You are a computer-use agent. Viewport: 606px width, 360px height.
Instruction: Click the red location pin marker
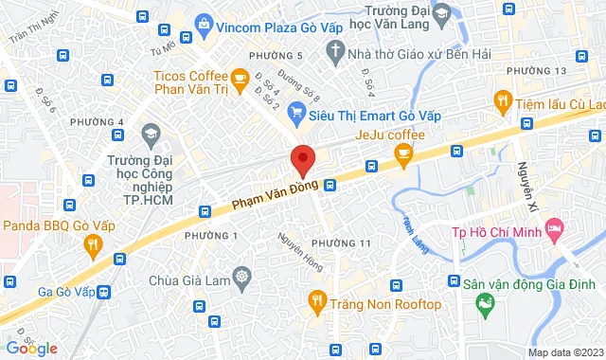pyautogui.click(x=302, y=159)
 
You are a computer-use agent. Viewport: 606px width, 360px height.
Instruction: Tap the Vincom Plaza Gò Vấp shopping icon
pyautogui.click(x=204, y=23)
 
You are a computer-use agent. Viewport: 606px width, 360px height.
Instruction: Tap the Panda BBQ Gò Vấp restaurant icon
pyautogui.click(x=92, y=246)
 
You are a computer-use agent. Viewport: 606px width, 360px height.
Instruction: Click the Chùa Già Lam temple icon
pyautogui.click(x=243, y=280)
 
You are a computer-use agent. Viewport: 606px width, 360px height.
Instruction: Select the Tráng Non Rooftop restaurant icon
pyautogui.click(x=317, y=303)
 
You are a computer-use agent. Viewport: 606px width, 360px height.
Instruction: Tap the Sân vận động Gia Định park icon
pyautogui.click(x=485, y=304)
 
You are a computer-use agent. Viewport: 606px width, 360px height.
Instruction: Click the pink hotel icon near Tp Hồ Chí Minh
pyautogui.click(x=555, y=231)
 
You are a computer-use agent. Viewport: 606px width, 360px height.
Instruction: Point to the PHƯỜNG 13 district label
pyautogui.click(x=536, y=72)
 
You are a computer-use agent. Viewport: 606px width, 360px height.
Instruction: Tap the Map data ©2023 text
pyautogui.click(x=564, y=353)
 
